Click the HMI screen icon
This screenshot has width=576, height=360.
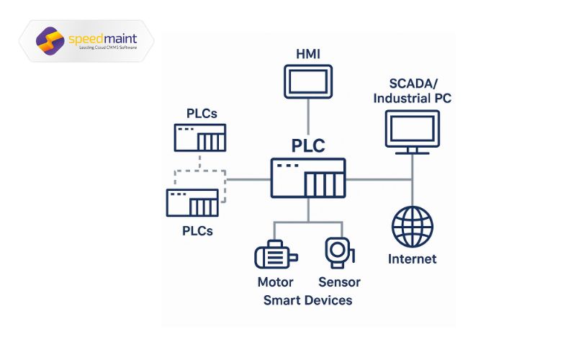click(308, 81)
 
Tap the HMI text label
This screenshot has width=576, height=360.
click(308, 54)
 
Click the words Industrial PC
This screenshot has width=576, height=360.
click(412, 99)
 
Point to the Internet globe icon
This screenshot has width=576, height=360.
click(413, 227)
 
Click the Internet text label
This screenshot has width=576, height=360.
click(413, 259)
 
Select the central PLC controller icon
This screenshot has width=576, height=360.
click(308, 178)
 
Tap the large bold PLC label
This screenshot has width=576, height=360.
click(308, 145)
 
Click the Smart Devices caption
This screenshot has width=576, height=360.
click(307, 300)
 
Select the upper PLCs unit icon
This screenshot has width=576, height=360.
click(200, 137)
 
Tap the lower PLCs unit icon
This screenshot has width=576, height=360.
click(192, 202)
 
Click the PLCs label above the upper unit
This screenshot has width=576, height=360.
click(202, 114)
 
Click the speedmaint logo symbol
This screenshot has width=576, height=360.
click(50, 40)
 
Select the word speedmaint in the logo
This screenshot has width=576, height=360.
click(102, 37)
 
